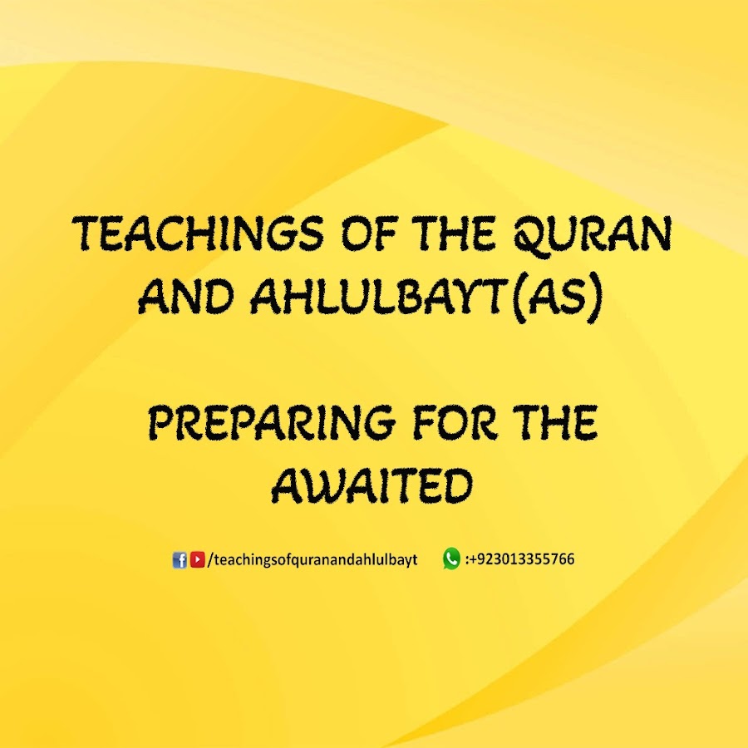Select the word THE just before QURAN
[x=455, y=234]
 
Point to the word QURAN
[x=593, y=235]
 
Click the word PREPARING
[x=272, y=421]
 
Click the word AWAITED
[x=372, y=485]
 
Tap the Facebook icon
[x=180, y=560]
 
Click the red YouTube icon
[x=198, y=559]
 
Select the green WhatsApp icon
[x=451, y=559]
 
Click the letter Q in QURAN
[x=529, y=236]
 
